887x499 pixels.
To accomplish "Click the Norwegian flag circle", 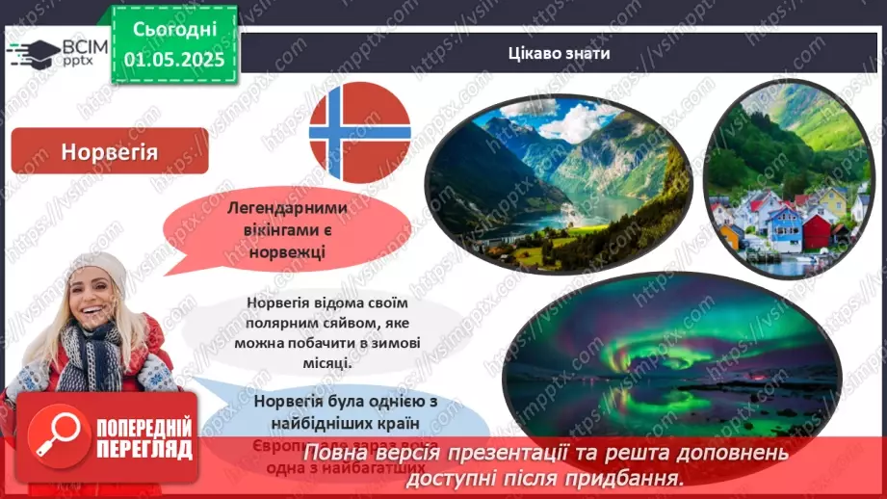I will tap(359, 132).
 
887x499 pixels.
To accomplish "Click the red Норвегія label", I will tap(109, 151).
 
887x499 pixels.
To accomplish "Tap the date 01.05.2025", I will tap(174, 60).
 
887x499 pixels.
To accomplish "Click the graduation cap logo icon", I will tap(32, 52).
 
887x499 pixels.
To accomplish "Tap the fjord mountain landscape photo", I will tap(559, 183).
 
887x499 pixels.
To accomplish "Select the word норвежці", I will tap(285, 250).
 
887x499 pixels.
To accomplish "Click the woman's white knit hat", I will tap(96, 269).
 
